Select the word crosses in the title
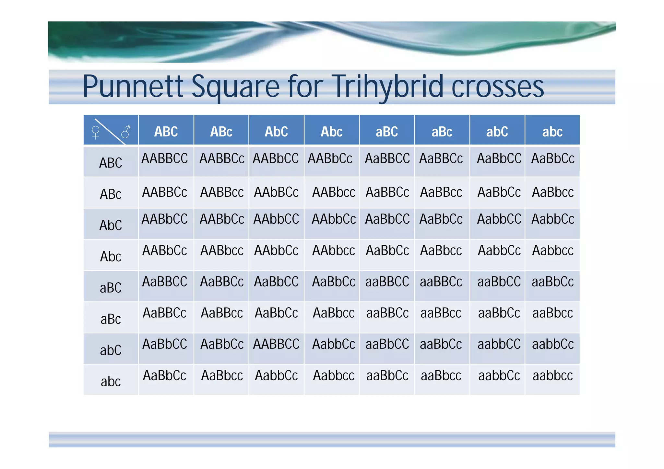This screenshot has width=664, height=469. click(497, 87)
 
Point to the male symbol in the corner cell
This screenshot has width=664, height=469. click(126, 132)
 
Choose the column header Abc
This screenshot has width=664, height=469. click(331, 132)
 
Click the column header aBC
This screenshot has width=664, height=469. click(386, 132)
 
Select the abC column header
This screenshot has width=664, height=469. click(497, 132)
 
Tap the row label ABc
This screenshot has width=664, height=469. click(111, 194)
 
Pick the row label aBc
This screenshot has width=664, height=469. click(111, 319)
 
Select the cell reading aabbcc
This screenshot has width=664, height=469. click(552, 375)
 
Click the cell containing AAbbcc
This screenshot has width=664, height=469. click(333, 250)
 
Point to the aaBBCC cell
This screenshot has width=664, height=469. click(387, 281)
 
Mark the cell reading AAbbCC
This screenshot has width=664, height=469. click(276, 219)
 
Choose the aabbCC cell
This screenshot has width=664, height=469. click(499, 344)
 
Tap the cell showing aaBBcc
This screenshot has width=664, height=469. click(441, 313)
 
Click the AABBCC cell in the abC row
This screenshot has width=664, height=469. click(276, 344)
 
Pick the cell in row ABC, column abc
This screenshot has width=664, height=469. click(552, 158)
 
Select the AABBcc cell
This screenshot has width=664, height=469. click(222, 192)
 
